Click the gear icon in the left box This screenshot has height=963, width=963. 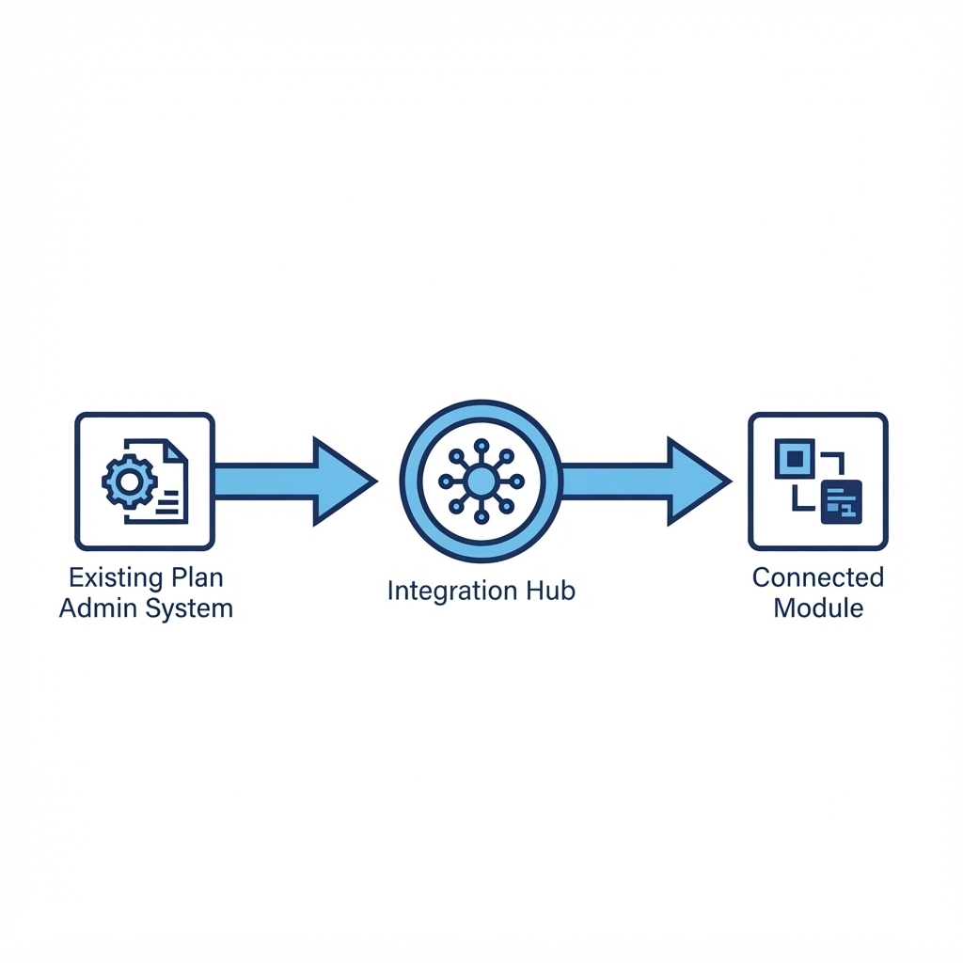pos(129,481)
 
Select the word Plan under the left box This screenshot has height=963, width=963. pos(197,577)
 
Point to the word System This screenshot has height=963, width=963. pos(190,609)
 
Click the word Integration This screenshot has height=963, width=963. pos(452,591)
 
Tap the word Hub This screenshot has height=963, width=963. pos(551,591)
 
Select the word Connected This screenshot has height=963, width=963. pos(818,577)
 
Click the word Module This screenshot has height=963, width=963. pos(818,608)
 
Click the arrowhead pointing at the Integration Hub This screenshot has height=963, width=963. pos(340,481)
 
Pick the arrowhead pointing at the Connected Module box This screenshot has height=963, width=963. pos(696,481)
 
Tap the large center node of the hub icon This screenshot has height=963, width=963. pos(481,481)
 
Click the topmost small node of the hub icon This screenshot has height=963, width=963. pos(481,446)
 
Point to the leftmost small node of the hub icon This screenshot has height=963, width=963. pos(446,481)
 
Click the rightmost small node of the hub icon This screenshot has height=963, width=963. pos(517,481)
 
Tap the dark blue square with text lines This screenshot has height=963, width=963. pos(842,502)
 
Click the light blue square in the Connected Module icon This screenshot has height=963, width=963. pos(795,458)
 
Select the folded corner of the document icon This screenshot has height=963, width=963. pos(178,450)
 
